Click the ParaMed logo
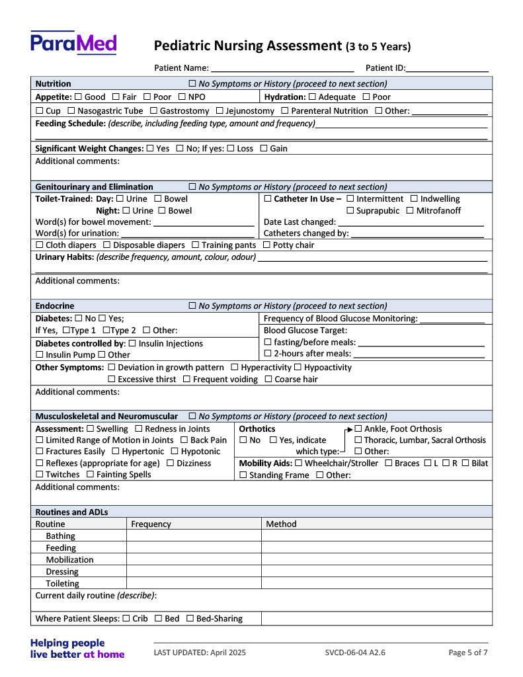[x=73, y=43]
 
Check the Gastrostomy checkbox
[x=153, y=111]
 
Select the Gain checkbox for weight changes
[x=263, y=149]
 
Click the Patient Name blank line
[x=282, y=69]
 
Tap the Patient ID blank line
[x=448, y=69]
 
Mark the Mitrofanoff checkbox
[x=410, y=211]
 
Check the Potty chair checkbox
[x=266, y=245]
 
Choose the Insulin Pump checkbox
[x=39, y=355]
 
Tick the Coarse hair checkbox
[x=268, y=379]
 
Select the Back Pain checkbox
[x=184, y=440]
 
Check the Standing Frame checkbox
[x=243, y=475]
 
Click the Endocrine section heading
[x=54, y=306]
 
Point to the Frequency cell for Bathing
[x=193, y=536]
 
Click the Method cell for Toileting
[x=376, y=584]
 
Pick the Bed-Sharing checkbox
[x=190, y=619]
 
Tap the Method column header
[x=281, y=524]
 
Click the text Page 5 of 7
[x=468, y=653]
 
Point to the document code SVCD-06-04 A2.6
[x=355, y=653]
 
